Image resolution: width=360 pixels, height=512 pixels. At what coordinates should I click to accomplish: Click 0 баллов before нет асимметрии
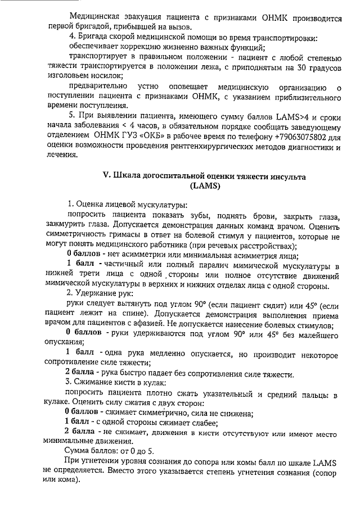click(84, 254)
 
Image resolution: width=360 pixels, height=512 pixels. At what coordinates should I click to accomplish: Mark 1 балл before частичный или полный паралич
click(82, 264)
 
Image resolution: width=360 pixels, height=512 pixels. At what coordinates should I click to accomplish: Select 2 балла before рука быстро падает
click(82, 373)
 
